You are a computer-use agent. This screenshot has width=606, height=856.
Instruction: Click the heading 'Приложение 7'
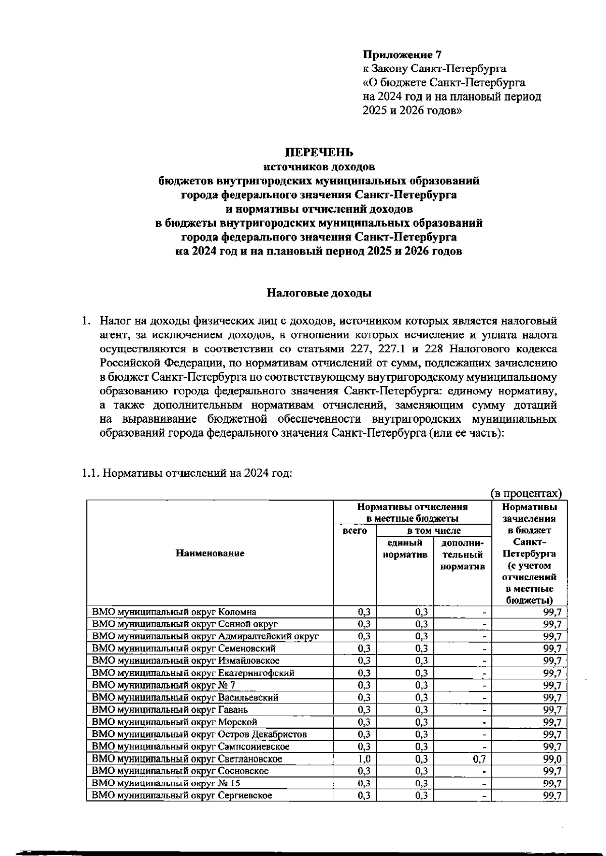click(402, 55)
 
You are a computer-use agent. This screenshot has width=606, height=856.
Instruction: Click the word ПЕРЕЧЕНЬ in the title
click(320, 152)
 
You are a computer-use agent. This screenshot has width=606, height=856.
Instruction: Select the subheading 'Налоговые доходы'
click(319, 293)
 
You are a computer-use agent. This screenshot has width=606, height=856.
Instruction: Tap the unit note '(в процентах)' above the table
click(526, 493)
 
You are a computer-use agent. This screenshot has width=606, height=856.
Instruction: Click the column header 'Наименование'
click(210, 553)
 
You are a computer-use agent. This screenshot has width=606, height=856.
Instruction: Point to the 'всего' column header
click(355, 531)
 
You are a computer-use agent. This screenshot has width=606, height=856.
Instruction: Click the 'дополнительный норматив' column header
click(463, 555)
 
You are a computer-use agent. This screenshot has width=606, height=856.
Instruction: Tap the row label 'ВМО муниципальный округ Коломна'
click(174, 612)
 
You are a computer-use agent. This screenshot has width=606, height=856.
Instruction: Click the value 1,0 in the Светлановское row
click(364, 759)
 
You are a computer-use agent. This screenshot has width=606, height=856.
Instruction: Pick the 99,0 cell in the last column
click(552, 759)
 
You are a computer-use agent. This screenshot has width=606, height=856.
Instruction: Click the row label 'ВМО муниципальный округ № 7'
click(163, 685)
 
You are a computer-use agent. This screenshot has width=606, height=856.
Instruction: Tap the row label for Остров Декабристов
click(199, 734)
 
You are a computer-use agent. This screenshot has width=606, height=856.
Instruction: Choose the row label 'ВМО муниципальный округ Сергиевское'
click(182, 795)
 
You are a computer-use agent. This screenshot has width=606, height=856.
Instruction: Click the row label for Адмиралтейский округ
click(205, 636)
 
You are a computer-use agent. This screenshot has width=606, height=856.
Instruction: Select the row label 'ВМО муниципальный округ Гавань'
click(170, 710)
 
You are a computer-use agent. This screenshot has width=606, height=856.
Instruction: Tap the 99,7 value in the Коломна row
click(552, 612)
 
